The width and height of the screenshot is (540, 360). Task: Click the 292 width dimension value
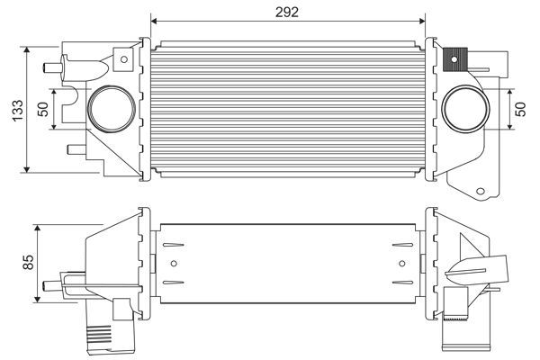click(x=288, y=10)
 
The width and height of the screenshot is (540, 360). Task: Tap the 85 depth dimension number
click(x=28, y=263)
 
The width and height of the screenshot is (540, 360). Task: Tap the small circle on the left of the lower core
click(x=175, y=264)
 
